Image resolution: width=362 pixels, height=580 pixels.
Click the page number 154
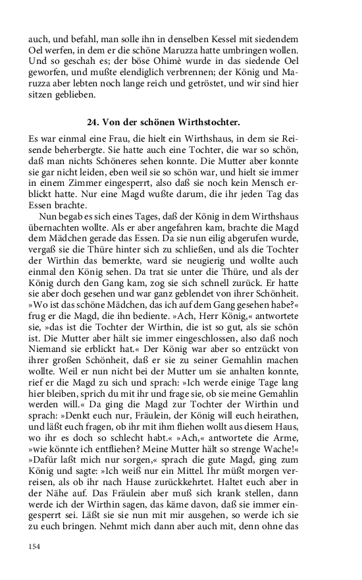click(x=34, y=546)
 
